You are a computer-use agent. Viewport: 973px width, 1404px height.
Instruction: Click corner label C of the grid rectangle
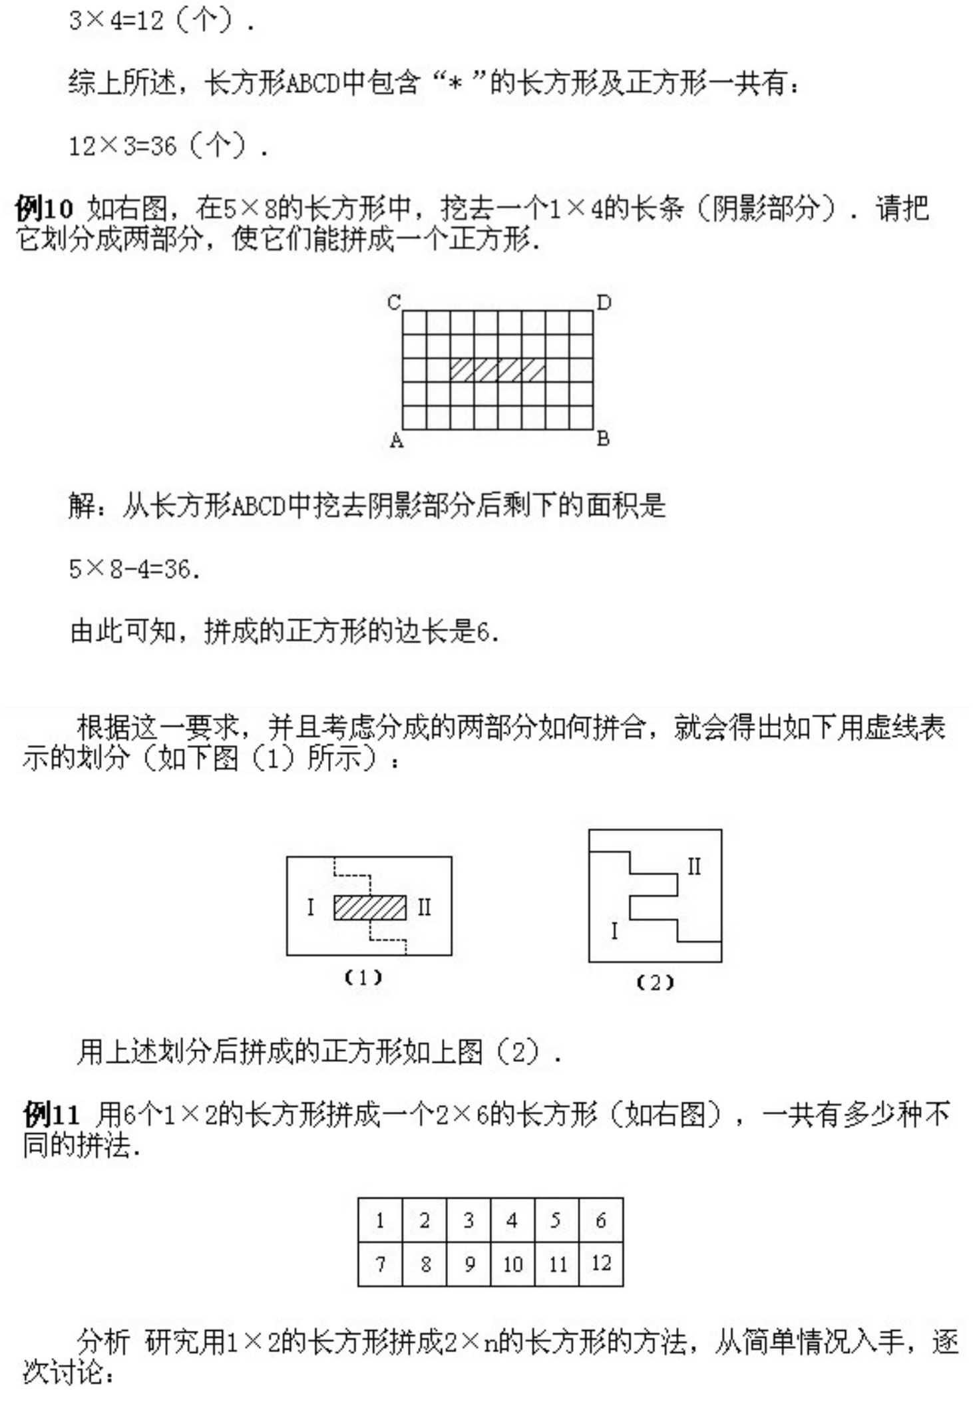pos(394,302)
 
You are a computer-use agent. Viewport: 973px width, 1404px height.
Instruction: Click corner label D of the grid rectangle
pos(604,303)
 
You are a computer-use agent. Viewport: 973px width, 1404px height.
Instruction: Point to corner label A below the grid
pos(396,440)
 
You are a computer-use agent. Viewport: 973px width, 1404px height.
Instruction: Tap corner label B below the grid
pos(603,439)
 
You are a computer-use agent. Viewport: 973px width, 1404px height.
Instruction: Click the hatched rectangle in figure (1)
pos(370,908)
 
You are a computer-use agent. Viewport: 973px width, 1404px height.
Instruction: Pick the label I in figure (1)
pos(310,907)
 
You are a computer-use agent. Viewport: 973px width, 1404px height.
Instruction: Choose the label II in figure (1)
pos(424,907)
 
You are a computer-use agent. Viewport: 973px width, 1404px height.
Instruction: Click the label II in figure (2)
pos(693,866)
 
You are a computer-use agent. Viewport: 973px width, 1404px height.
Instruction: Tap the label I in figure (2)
pos(614,931)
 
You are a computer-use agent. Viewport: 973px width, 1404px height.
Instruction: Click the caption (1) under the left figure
pos(363,977)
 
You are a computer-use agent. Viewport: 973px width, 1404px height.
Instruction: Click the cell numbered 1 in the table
pos(380,1220)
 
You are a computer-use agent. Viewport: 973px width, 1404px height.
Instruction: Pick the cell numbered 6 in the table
pos(601,1220)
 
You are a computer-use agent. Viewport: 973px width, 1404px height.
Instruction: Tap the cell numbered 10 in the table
pos(512,1264)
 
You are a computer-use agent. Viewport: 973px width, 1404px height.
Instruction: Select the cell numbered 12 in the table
pos(601,1264)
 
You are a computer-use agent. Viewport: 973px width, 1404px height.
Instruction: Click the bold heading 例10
pos(44,209)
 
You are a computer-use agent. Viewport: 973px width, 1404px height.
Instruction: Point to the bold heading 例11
pos(52,1115)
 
